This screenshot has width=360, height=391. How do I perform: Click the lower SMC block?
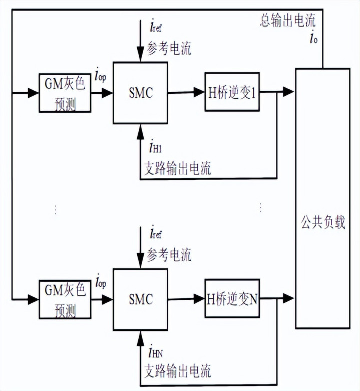140,300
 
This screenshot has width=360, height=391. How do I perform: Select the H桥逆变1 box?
232,93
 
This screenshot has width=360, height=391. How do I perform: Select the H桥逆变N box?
232,299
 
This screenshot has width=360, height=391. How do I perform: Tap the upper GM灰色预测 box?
65,93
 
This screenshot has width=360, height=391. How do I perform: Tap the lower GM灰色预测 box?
65,300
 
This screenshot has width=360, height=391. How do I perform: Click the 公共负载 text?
323,222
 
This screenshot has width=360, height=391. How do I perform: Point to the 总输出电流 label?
287,21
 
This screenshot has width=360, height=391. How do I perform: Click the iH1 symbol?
154,147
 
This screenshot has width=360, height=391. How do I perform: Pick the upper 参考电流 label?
169,49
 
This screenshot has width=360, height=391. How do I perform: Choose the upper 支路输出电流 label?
177,168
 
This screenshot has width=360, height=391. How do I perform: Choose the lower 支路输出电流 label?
177,371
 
